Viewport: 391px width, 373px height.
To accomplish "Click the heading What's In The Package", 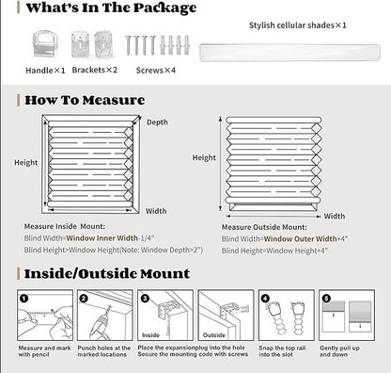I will pos(111,8).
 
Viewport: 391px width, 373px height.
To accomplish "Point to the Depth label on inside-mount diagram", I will pos(158,122).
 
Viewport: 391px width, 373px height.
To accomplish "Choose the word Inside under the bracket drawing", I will pos(151,334).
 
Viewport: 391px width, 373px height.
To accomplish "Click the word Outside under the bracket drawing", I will pos(213,334).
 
